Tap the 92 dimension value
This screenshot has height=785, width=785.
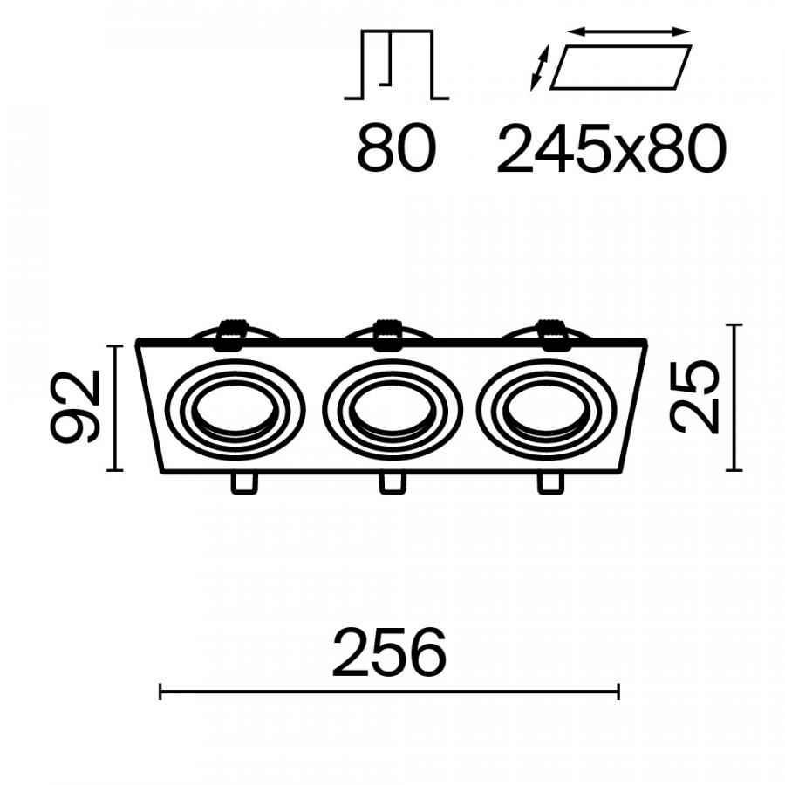click(75, 406)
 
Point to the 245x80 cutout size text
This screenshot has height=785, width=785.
click(611, 148)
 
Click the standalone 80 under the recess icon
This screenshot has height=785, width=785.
click(397, 148)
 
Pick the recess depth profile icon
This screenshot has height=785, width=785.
click(397, 65)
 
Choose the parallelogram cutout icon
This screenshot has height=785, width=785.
click(621, 67)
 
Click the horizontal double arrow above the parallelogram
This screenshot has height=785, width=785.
click(629, 32)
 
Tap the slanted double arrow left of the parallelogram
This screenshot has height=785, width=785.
click(540, 68)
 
